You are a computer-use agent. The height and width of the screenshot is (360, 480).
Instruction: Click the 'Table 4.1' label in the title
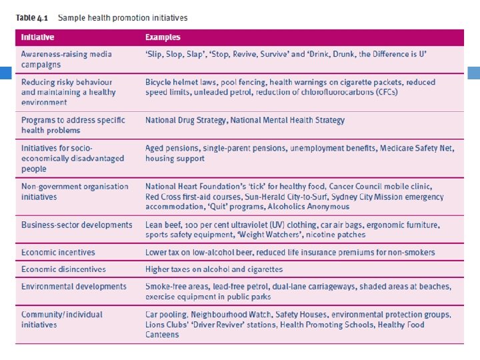33,18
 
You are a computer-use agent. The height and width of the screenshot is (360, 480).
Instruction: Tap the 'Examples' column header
163,37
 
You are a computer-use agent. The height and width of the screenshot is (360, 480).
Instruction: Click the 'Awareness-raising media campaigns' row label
66,59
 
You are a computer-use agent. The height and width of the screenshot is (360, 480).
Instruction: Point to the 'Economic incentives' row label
58,253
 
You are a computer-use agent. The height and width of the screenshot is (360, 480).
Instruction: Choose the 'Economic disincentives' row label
63,269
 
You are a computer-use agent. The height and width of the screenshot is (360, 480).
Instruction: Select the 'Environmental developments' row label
73,287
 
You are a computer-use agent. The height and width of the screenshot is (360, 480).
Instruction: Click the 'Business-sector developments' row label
77,225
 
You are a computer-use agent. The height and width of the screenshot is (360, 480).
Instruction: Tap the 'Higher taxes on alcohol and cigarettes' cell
214,269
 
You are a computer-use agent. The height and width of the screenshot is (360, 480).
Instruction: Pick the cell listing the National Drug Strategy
245,121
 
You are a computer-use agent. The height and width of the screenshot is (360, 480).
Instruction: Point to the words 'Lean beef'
164,225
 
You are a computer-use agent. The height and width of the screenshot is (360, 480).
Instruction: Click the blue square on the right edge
475,73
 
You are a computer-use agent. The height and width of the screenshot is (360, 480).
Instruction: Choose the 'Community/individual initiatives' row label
61,319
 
